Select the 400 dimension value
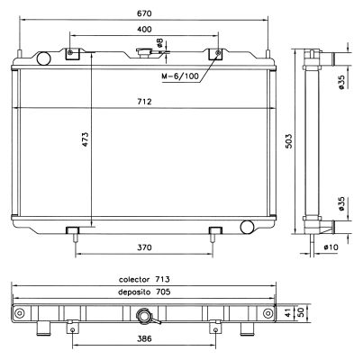(145, 30)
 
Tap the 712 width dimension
(144, 102)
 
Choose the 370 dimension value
(145, 247)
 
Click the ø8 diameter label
(159, 43)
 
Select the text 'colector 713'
(144, 279)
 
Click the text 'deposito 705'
(144, 292)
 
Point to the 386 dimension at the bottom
(144, 342)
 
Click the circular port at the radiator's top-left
(41, 58)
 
